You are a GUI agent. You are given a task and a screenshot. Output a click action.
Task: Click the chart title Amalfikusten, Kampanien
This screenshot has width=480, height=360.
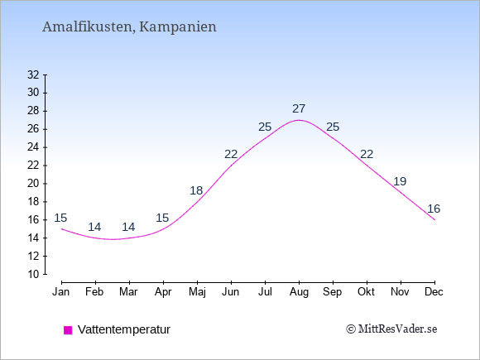pos(129,26)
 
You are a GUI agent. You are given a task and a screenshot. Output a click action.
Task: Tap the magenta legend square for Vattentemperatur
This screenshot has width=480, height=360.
pos(68,330)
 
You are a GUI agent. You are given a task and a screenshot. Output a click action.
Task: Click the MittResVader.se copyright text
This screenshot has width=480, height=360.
pos(391,329)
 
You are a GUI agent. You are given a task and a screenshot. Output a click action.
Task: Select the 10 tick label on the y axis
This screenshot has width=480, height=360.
pos(33,274)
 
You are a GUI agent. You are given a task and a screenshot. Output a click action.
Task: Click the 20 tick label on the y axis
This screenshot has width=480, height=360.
pos(33,184)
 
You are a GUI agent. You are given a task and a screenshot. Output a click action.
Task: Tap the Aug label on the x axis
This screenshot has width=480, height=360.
pos(299,292)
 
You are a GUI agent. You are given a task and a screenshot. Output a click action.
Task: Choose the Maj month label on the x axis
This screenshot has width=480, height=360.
pos(197,292)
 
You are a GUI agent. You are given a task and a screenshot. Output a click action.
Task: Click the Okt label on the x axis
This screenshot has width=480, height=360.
pos(366,292)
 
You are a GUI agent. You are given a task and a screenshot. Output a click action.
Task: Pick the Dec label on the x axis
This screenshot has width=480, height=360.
pos(434,292)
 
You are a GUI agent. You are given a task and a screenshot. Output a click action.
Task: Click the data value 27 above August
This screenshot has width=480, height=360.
pos(299,108)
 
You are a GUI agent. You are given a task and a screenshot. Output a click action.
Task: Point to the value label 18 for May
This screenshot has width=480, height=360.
pos(196,190)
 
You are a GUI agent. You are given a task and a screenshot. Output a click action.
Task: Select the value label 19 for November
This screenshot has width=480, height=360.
pos(400,181)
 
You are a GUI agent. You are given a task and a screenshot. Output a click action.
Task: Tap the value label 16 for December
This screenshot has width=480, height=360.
pos(434,209)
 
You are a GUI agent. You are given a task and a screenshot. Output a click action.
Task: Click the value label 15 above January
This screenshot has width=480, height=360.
pos(60,218)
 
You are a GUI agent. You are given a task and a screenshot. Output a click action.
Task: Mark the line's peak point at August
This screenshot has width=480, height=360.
pos(299,120)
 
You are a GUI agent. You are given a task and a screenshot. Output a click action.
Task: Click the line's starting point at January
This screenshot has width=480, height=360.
pos(62,229)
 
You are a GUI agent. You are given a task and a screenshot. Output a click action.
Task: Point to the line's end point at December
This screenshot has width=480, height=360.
pos(434,220)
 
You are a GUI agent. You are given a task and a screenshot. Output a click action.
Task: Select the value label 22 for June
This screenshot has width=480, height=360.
pos(231,154)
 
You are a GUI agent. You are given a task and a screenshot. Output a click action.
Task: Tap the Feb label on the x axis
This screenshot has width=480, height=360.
pos(94,292)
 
